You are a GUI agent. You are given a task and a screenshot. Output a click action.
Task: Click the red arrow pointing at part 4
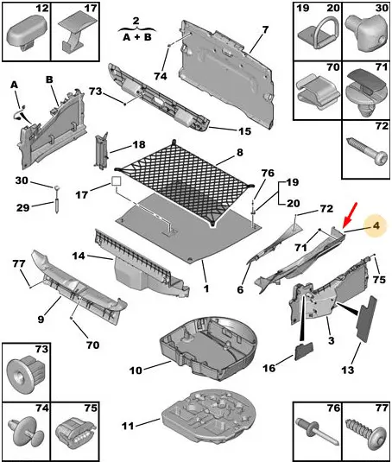tap(350, 215)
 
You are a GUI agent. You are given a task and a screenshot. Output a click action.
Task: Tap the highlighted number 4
tap(376, 226)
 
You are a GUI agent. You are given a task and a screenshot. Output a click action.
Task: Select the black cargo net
tap(185, 183)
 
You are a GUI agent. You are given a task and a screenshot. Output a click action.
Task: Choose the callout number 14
tap(79, 256)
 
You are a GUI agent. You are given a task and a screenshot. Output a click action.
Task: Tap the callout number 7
tap(265, 29)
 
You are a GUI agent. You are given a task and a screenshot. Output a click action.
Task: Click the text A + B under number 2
tap(137, 37)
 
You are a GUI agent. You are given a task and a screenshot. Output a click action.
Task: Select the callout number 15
tap(244, 130)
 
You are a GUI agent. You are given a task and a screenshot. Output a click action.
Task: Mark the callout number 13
tap(347, 370)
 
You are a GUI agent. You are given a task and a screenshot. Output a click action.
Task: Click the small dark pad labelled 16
tap(304, 351)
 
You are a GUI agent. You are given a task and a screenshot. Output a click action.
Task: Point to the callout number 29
tap(22, 208)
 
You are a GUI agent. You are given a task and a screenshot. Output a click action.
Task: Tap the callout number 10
tap(136, 370)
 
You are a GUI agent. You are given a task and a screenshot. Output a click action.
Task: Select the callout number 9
tap(41, 319)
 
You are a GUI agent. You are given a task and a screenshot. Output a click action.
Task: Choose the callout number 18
tap(139, 144)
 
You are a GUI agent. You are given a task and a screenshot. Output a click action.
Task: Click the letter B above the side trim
tap(49, 79)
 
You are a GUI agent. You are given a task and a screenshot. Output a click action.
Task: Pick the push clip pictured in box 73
tap(27, 374)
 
